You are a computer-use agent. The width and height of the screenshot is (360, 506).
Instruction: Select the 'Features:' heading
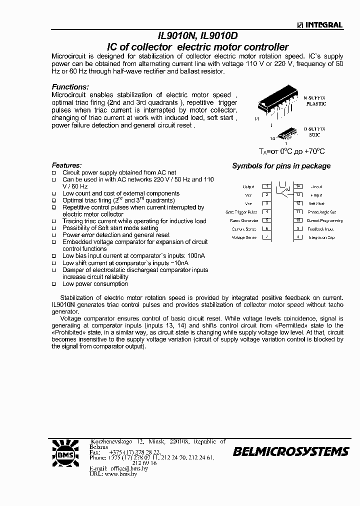click(66, 165)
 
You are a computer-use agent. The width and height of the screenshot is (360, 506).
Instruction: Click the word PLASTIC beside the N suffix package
click(316, 104)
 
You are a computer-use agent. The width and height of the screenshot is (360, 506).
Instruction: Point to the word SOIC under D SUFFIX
click(314, 135)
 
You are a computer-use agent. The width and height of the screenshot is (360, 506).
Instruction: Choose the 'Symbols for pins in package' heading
click(281, 166)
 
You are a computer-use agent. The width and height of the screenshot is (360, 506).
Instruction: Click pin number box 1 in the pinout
click(267, 186)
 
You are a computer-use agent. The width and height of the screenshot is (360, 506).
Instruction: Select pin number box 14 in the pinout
click(298, 186)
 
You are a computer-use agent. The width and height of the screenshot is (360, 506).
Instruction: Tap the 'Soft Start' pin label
click(316, 203)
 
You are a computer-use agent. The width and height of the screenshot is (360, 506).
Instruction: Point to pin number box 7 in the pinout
click(267, 237)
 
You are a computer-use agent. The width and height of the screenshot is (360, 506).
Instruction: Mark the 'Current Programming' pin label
click(324, 220)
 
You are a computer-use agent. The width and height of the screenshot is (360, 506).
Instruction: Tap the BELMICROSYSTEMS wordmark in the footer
click(290, 452)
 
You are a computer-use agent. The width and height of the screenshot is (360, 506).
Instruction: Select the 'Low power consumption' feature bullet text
click(95, 284)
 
